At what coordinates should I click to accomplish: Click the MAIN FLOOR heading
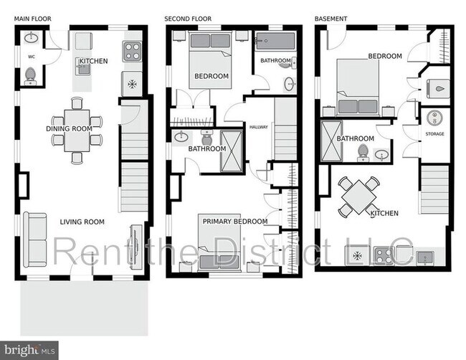click(x=31, y=18)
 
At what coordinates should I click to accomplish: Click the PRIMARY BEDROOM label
click(x=234, y=222)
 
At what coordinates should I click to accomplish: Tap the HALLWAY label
click(x=258, y=128)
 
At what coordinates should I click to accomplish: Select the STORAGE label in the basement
click(x=434, y=134)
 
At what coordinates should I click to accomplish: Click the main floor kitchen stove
click(x=133, y=49)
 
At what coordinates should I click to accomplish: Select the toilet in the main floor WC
click(x=30, y=74)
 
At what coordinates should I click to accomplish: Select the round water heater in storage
click(x=434, y=118)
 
